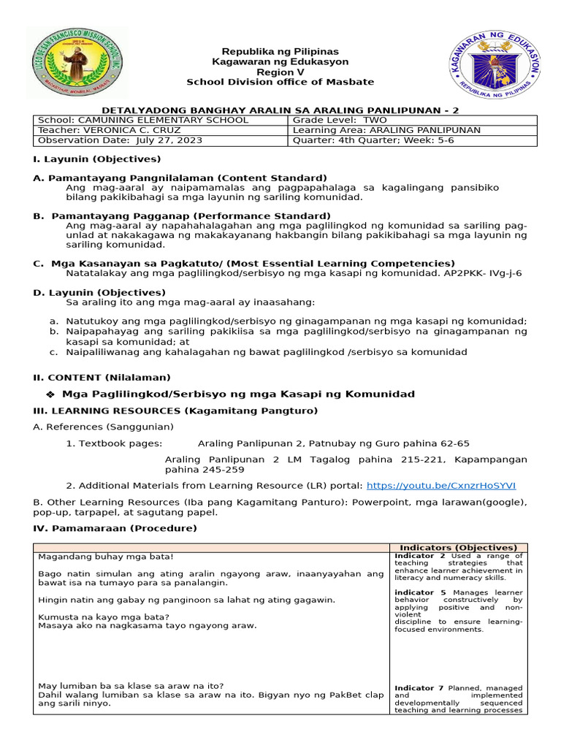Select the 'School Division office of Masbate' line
(x=280, y=82)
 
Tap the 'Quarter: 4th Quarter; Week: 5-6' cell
(x=373, y=140)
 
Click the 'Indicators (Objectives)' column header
(x=458, y=547)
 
